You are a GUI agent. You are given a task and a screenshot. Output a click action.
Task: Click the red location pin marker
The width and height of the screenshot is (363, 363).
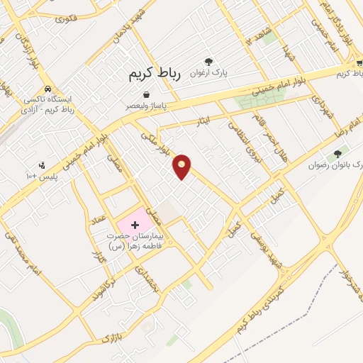coord(182,166)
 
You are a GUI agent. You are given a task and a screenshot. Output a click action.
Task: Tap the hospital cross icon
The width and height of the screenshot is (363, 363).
coord(135,225)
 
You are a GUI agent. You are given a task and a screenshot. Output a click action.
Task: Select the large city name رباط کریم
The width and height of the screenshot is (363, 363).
coord(155,74)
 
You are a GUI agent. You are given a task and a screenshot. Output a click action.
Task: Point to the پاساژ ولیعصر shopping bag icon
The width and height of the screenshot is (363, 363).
coord(146,94)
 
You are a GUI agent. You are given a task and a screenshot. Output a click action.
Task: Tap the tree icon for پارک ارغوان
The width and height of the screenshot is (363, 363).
coord(208,62)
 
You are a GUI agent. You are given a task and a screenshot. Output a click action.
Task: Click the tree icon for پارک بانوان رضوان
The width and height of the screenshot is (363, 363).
coord(337,153)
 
